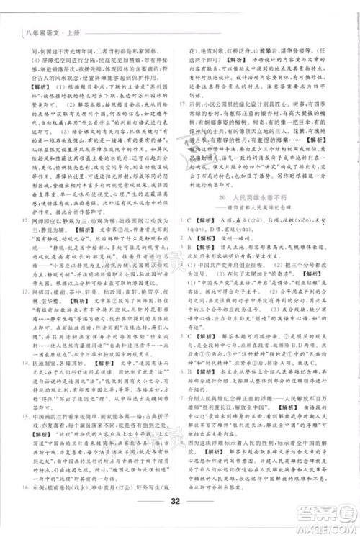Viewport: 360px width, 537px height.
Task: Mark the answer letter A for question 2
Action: tap(193, 243)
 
